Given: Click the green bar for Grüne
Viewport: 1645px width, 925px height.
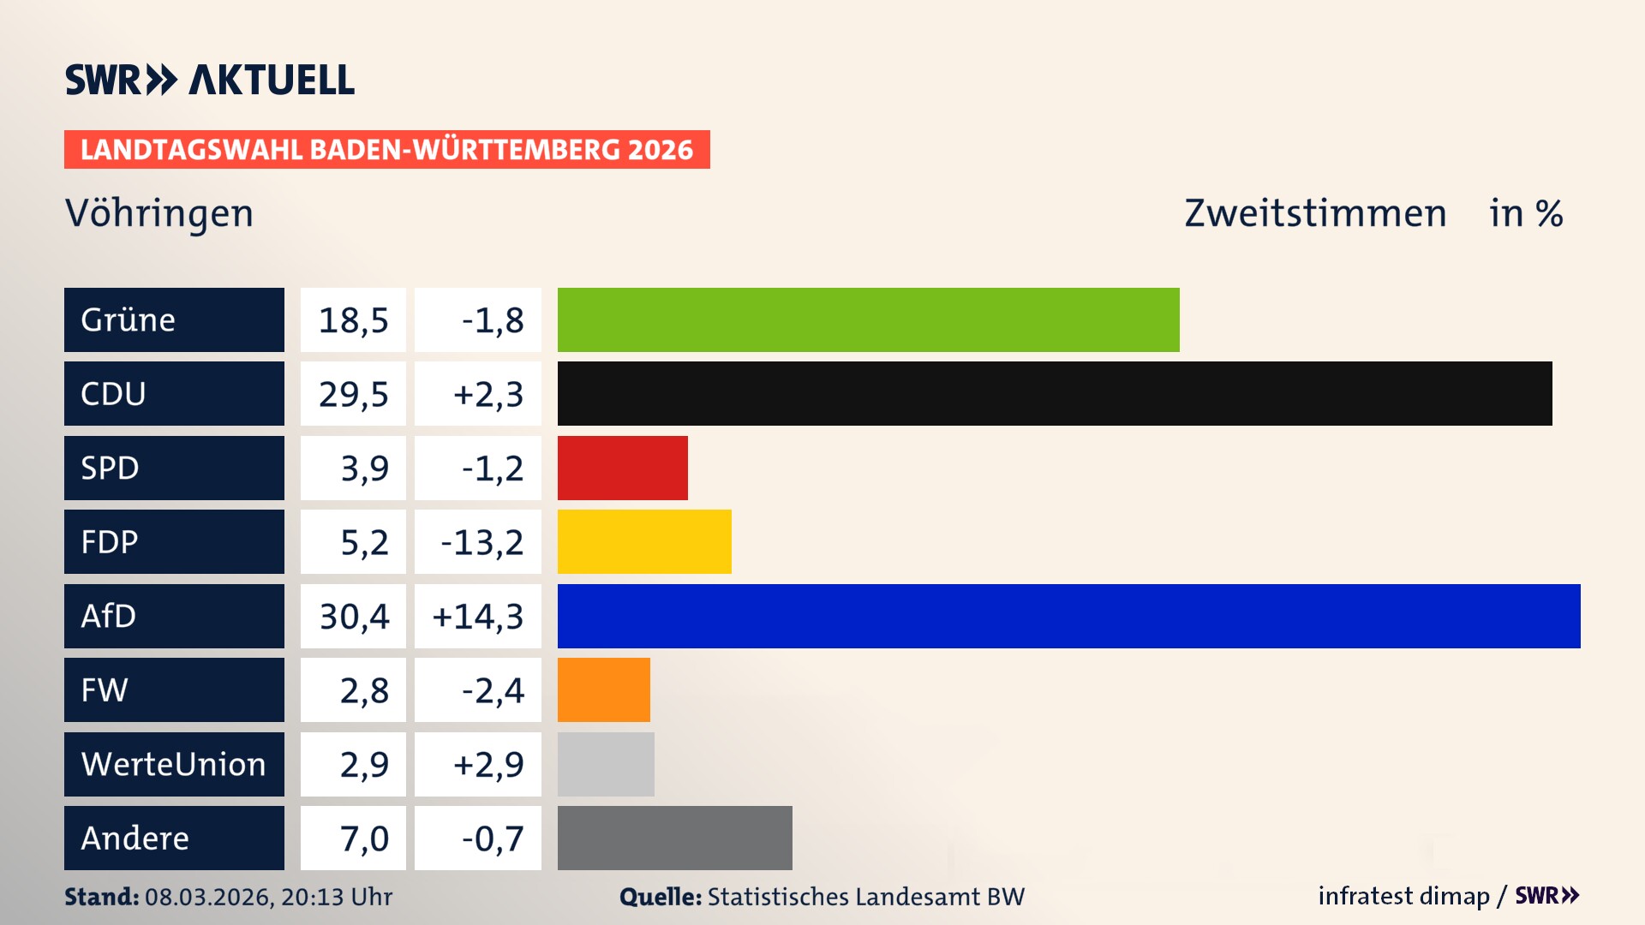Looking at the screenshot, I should pos(868,319).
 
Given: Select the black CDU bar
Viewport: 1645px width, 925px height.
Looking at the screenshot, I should pos(1054,393).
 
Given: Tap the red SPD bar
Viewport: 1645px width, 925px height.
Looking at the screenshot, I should pos(622,468).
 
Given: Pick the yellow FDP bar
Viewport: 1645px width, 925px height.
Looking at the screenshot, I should pos(644,541).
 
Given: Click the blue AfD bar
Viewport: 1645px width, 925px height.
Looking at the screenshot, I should pos(1068,616).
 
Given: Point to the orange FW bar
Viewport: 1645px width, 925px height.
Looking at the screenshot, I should pos(603,689).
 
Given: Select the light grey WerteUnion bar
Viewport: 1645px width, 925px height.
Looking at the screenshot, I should pos(606,764).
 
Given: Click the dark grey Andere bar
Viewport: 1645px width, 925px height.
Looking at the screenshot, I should pos(674,838).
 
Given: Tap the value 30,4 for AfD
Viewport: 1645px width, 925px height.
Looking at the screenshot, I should pos(354,616).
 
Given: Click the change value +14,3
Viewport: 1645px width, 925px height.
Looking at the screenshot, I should pos(478,616).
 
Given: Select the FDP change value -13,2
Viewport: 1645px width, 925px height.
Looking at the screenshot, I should pos(482,541).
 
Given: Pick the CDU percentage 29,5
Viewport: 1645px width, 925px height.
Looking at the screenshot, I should pos(354,393).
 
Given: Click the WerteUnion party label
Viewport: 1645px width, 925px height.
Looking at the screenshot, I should pos(174,764).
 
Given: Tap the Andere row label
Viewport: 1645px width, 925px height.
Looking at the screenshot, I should pos(135,838).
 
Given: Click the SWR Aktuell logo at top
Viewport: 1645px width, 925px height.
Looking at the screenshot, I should pos(210,80).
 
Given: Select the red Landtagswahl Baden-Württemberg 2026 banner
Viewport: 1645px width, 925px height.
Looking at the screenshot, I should pos(386,149).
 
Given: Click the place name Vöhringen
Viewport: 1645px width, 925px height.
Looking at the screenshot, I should pos(159,213).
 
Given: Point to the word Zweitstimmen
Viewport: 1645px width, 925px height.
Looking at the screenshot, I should pos(1315,213).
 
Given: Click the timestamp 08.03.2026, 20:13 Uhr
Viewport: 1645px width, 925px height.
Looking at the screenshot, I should pos(268,897).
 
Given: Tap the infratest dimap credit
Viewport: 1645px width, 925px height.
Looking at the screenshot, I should pos(1403,896).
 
